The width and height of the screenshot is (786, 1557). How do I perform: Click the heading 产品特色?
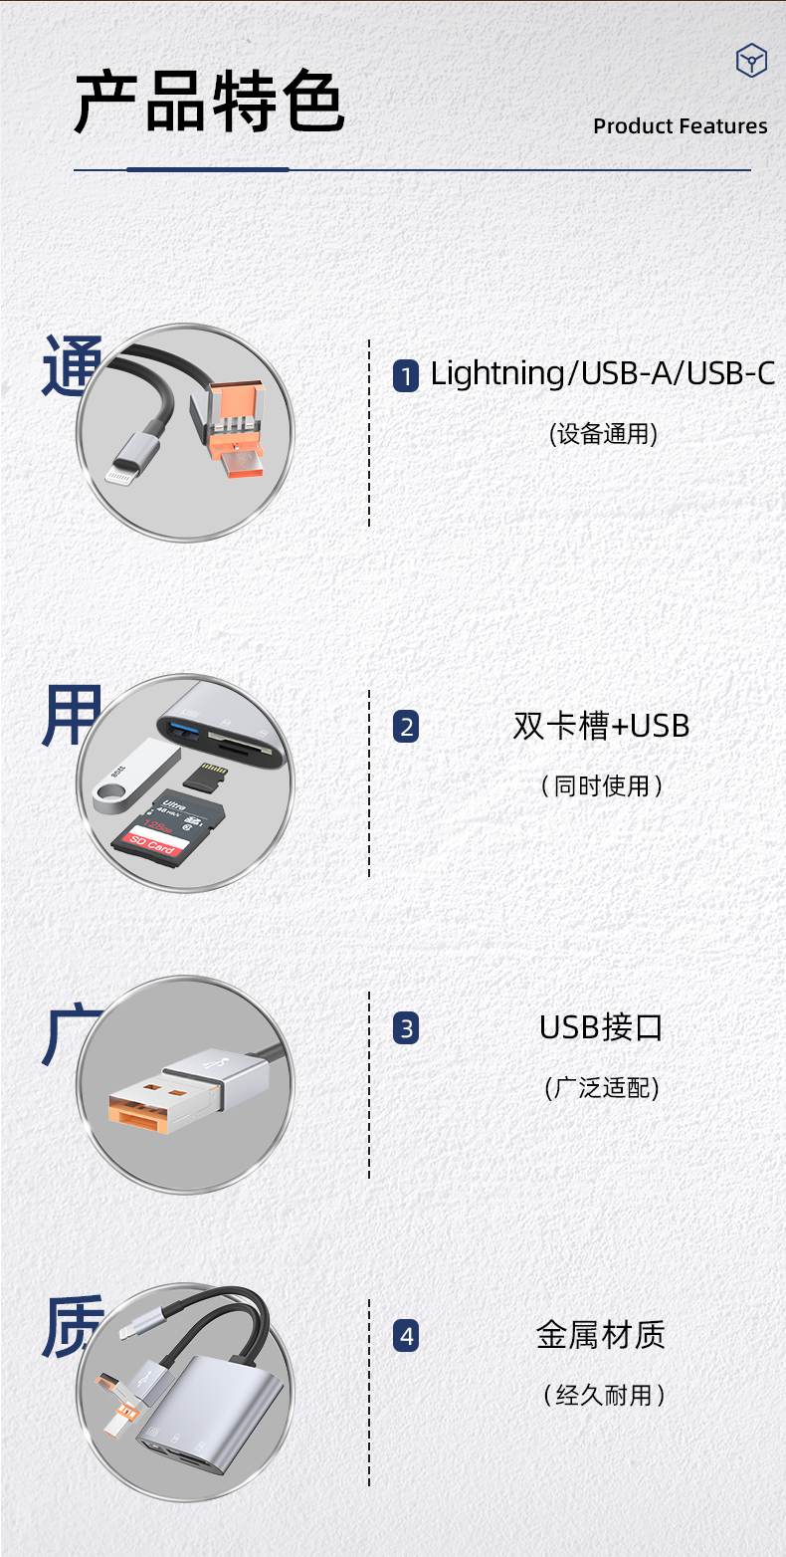pos(209,103)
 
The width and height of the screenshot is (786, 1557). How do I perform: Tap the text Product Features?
pos(680,126)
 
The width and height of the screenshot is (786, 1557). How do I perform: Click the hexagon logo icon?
pos(751,61)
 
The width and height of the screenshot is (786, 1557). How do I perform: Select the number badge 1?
pos(406,376)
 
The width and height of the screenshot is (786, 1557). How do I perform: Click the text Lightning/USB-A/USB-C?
pos(602,374)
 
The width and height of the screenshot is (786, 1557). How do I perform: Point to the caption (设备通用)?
pos(603,434)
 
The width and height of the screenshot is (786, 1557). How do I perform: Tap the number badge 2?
pos(406,727)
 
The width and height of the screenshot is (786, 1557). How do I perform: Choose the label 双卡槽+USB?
pos(601,726)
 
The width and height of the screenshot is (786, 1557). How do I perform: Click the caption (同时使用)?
pos(602,786)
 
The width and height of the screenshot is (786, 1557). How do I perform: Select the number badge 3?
pos(406,1028)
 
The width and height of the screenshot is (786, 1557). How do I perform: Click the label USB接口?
pos(601,1027)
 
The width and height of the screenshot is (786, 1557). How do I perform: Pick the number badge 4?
pos(406,1336)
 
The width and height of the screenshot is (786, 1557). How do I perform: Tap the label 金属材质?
pos(601,1335)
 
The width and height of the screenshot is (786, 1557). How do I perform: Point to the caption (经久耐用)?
pos(602,1396)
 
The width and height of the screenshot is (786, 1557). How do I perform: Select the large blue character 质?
pos(72,1328)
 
